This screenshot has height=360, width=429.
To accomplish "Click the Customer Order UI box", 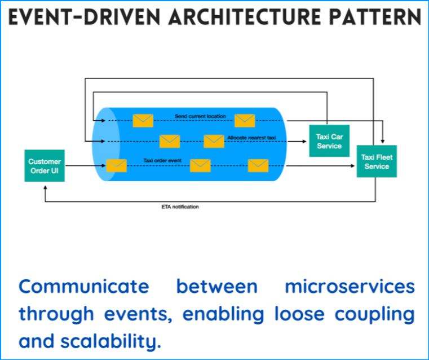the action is pyautogui.click(x=45, y=166).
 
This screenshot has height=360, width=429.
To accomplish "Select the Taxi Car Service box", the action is pyautogui.click(x=329, y=141).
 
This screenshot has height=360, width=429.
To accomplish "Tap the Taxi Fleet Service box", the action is pyautogui.click(x=377, y=161).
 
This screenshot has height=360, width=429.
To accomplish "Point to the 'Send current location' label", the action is pyautogui.click(x=200, y=116).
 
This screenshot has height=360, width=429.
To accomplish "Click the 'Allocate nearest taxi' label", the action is pyautogui.click(x=252, y=138).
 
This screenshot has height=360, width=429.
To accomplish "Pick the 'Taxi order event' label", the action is pyautogui.click(x=162, y=160).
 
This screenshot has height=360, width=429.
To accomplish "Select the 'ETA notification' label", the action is pyautogui.click(x=180, y=207).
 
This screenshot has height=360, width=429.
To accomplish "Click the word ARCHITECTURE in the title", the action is pyautogui.click(x=245, y=17).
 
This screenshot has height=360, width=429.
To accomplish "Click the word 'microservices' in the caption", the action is pyautogui.click(x=350, y=287).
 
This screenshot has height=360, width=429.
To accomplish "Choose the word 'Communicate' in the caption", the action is pyautogui.click(x=84, y=287).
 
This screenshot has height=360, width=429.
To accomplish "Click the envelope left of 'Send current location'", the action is pyautogui.click(x=143, y=121).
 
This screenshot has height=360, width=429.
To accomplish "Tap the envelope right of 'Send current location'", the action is pyautogui.click(x=245, y=121).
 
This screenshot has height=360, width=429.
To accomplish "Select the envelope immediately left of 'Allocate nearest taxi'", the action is pyautogui.click(x=214, y=141).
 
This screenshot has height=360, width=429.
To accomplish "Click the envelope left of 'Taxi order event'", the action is pyautogui.click(x=117, y=166).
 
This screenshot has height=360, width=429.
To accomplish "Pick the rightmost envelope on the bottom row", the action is pyautogui.click(x=258, y=166).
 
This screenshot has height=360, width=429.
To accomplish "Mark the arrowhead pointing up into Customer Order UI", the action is pyautogui.click(x=46, y=187).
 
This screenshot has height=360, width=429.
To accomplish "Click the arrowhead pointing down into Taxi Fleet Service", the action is pyautogui.click(x=383, y=141).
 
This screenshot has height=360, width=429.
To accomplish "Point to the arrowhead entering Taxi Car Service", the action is pyautogui.click(x=304, y=141).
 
